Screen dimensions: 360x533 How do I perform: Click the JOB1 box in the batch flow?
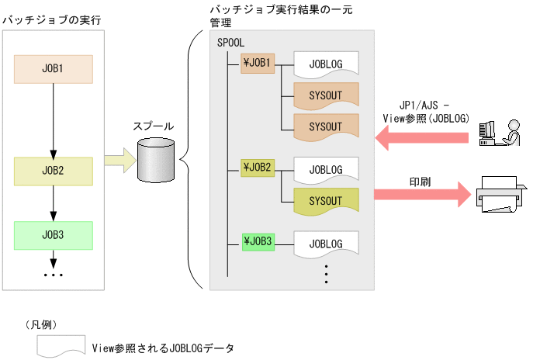point(54,69)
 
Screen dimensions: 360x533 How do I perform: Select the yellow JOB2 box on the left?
point(54,170)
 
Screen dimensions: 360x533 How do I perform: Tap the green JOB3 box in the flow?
point(54,234)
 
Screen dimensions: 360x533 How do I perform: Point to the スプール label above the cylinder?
point(154,126)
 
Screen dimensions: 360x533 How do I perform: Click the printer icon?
point(498,193)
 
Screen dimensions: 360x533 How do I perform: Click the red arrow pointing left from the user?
point(423,138)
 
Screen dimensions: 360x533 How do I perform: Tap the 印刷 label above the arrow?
point(421,180)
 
